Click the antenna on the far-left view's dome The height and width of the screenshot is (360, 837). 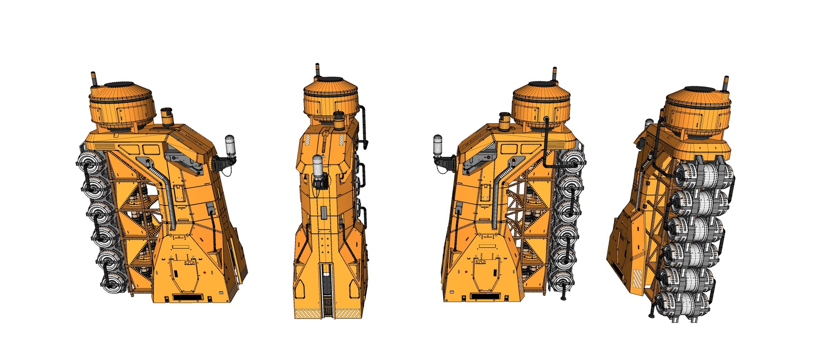pos(93,80)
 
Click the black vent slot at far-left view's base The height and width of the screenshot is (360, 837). pos(187,296)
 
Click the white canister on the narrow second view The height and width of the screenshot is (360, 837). pos(317,166)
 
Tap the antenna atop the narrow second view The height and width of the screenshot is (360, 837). pos(317,69)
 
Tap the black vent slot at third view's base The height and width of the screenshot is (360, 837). pos(486,296)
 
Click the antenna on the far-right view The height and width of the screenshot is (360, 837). pos(726,83)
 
